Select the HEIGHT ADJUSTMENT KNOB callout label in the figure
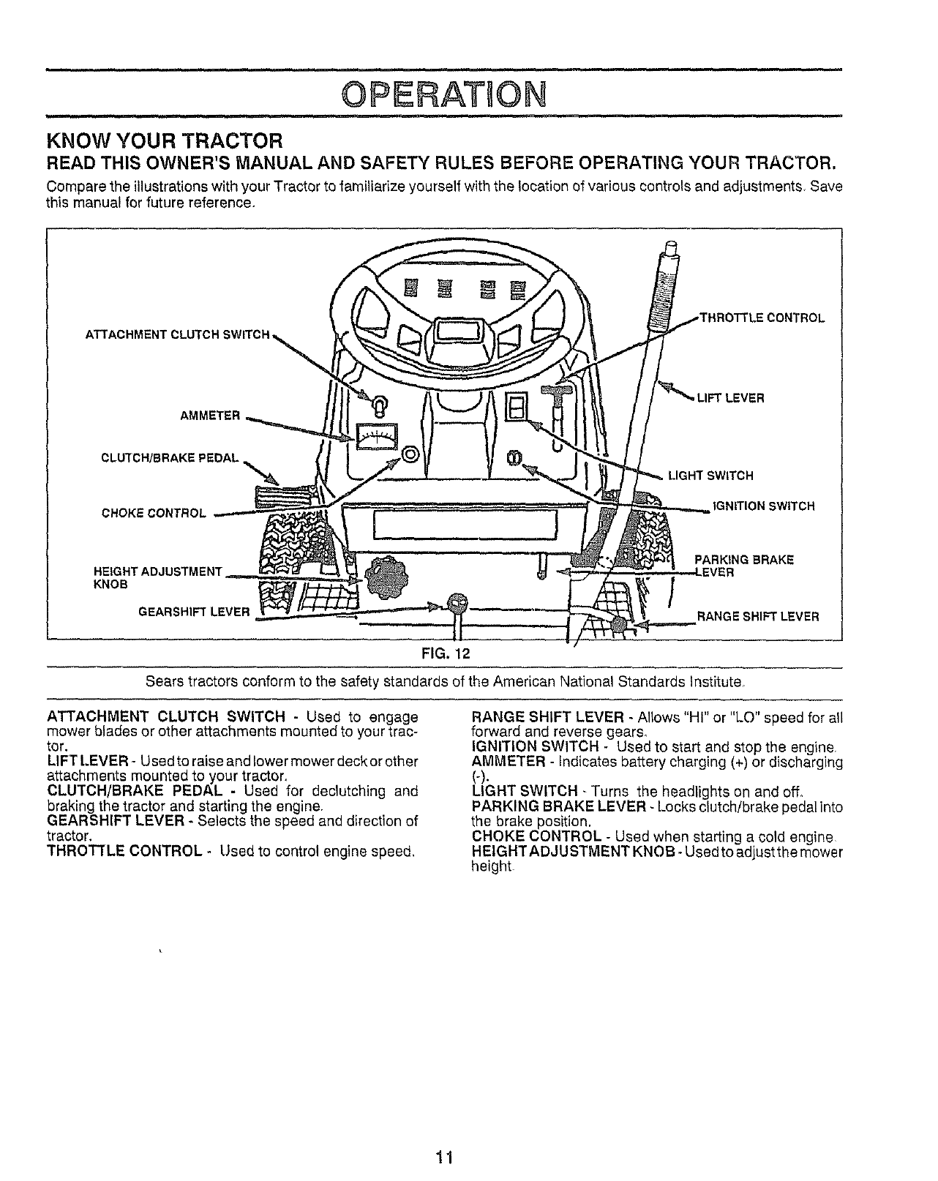pyautogui.click(x=158, y=577)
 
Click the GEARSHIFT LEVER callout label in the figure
pyautogui.click(x=195, y=611)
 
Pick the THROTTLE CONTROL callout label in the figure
pyautogui.click(x=762, y=318)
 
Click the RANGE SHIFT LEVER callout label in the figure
pyautogui.click(x=758, y=616)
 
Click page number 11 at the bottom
pyautogui.click(x=443, y=1157)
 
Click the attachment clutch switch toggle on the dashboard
pyautogui.click(x=378, y=403)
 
